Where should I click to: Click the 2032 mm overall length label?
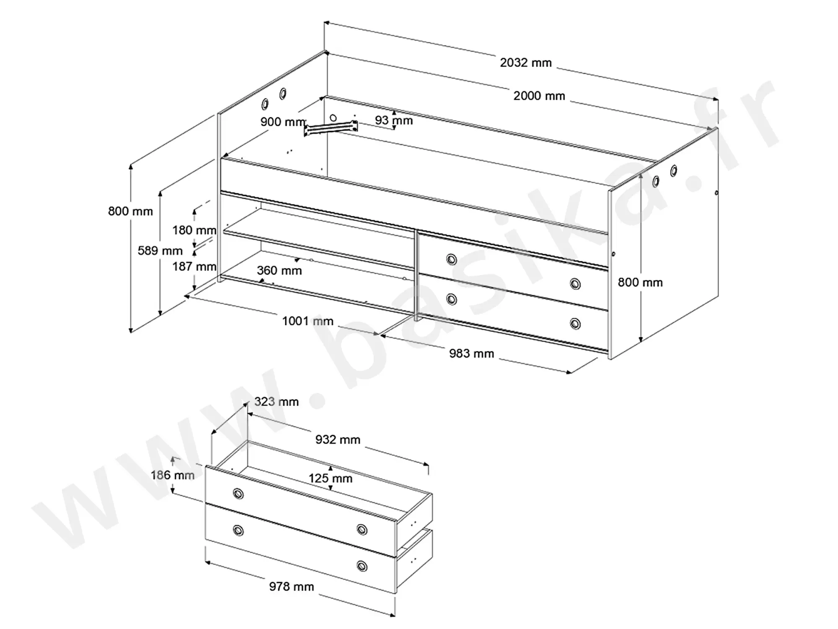click(x=526, y=63)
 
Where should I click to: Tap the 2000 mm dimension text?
click(x=539, y=96)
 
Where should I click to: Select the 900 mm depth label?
click(x=283, y=122)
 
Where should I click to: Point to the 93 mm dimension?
click(x=394, y=120)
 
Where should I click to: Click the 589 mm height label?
click(x=160, y=251)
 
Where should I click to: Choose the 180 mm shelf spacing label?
click(x=194, y=230)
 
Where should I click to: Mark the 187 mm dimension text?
click(x=194, y=267)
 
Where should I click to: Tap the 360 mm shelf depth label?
click(x=279, y=271)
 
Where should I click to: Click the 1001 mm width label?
click(x=308, y=321)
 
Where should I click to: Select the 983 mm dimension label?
click(x=472, y=353)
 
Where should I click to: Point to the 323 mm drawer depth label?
click(x=277, y=402)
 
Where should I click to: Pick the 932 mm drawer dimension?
click(x=338, y=439)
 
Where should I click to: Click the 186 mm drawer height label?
click(x=173, y=475)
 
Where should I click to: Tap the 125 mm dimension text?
click(x=331, y=478)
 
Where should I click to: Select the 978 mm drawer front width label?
click(x=292, y=587)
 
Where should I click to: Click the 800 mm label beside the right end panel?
click(x=640, y=283)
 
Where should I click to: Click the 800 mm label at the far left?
click(x=130, y=211)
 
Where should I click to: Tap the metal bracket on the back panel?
click(x=331, y=128)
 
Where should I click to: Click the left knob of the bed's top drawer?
click(x=451, y=260)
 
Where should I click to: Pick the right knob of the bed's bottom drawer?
click(x=575, y=324)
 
